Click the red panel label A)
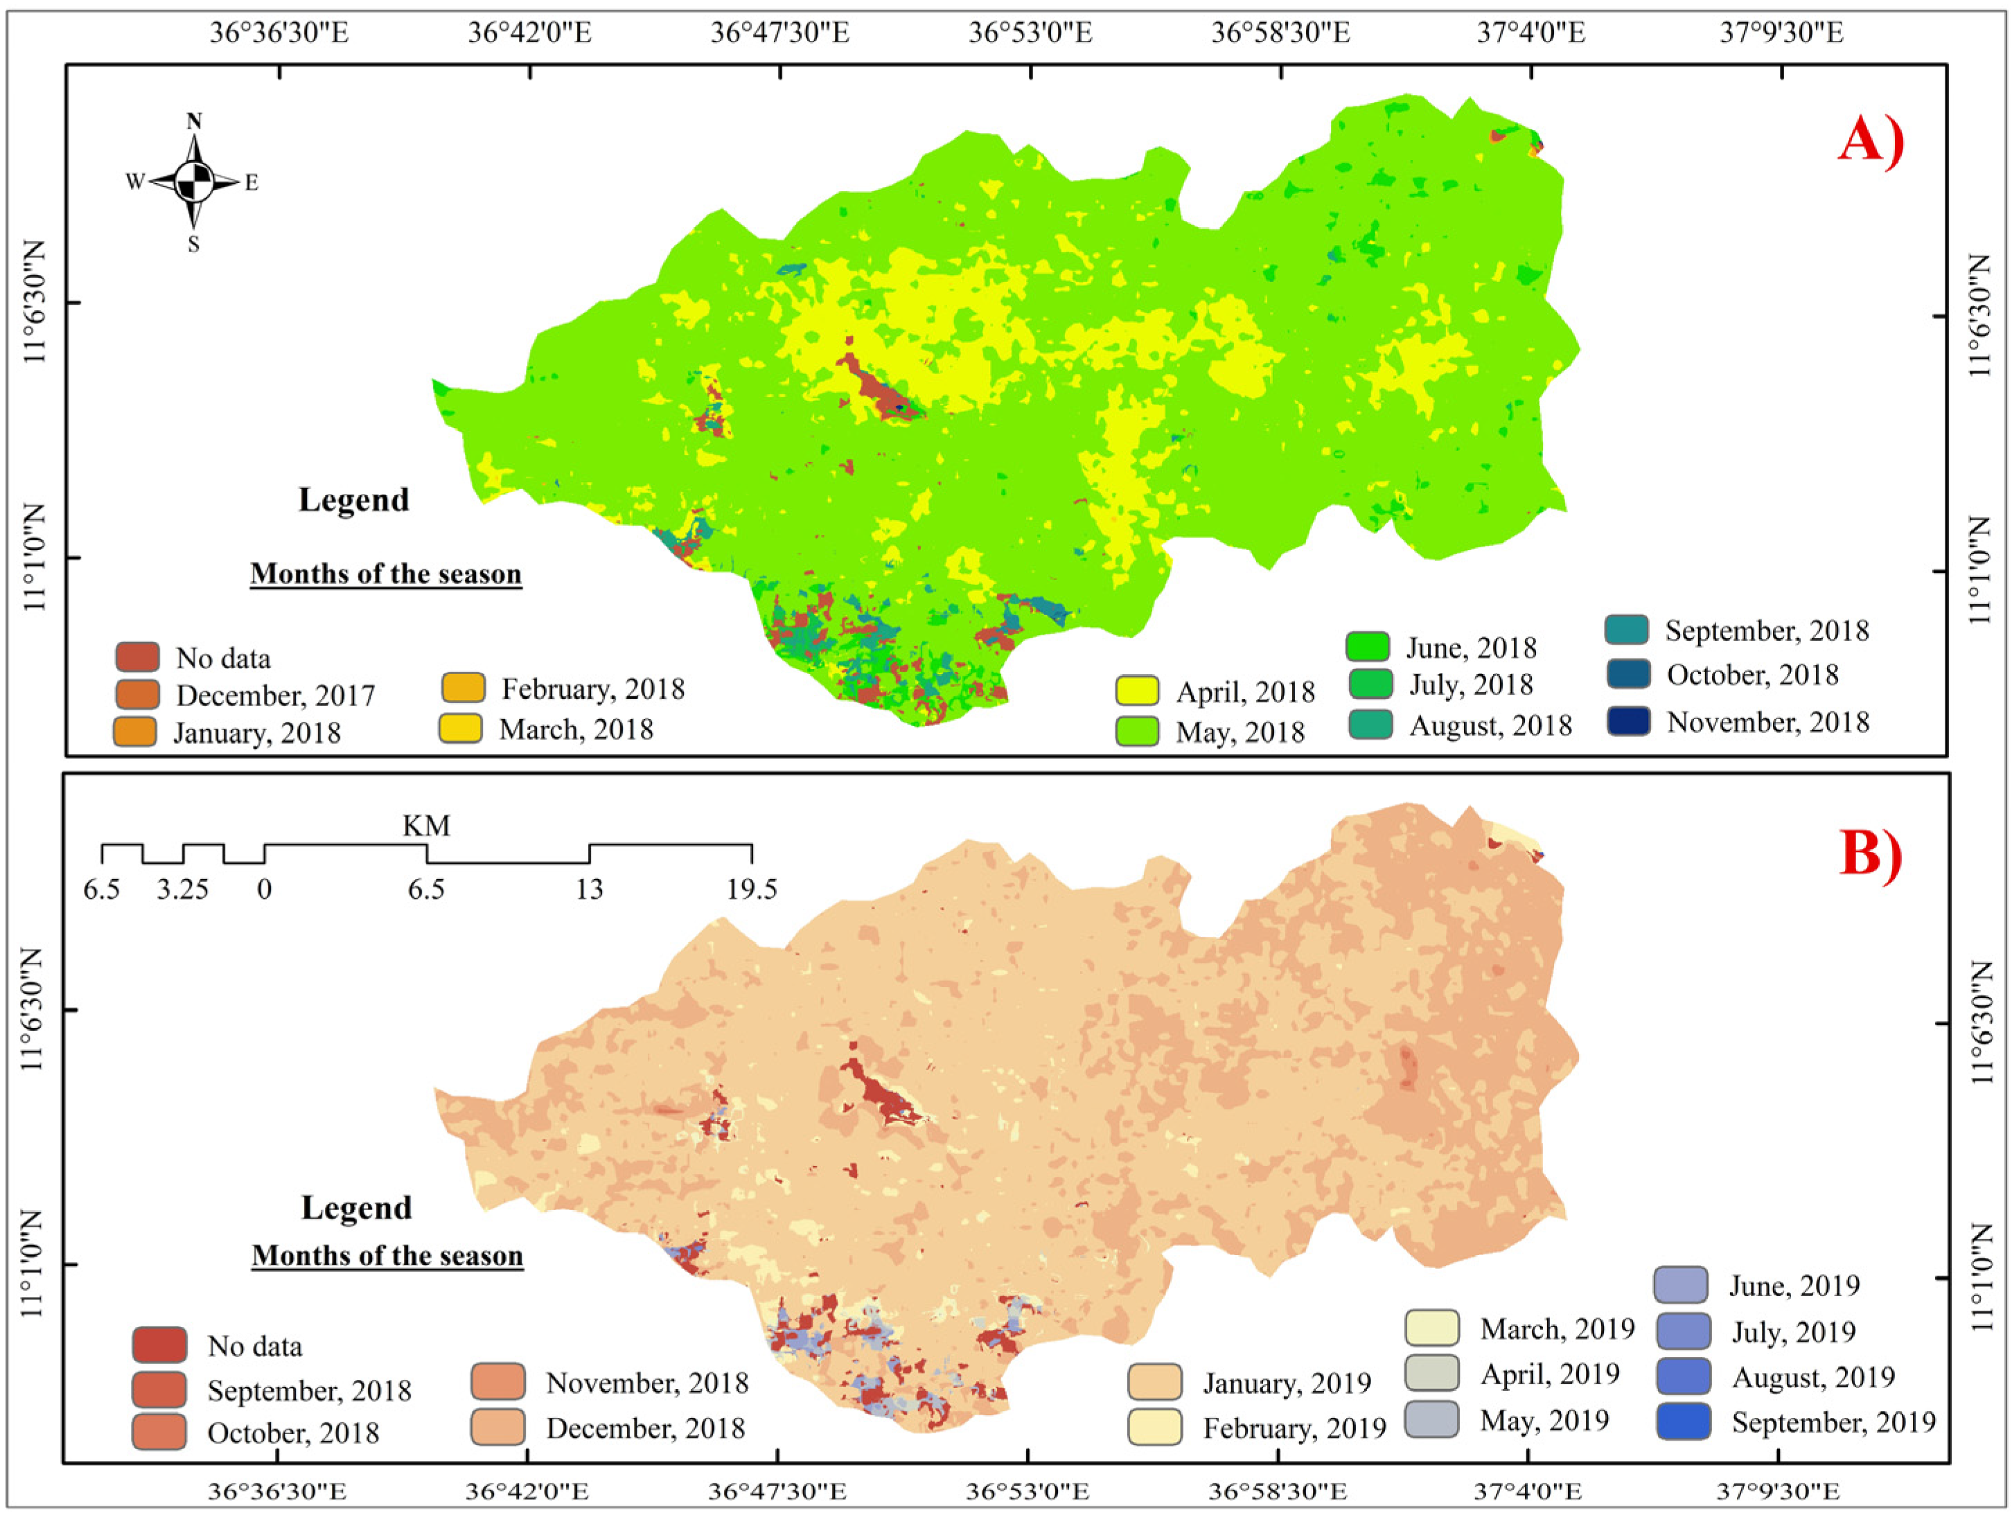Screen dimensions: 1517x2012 (1870, 142)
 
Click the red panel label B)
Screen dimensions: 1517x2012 (1870, 855)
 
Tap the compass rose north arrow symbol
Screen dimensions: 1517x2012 (194, 182)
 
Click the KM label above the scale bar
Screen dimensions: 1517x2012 (427, 826)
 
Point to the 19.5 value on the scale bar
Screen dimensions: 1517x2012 (751, 889)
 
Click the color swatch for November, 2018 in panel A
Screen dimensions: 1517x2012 (1627, 721)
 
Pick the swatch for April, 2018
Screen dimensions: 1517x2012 (1137, 691)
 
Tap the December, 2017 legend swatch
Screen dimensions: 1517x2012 (137, 694)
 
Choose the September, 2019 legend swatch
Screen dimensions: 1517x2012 (1683, 1421)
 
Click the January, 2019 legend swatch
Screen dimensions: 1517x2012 (1154, 1381)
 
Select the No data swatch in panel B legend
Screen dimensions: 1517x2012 (159, 1345)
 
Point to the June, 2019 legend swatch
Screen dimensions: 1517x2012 (1681, 1285)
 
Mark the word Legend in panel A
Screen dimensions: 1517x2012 (354, 499)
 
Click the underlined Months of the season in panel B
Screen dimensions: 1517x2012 (387, 1255)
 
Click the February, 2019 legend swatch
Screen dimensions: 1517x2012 (1154, 1427)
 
